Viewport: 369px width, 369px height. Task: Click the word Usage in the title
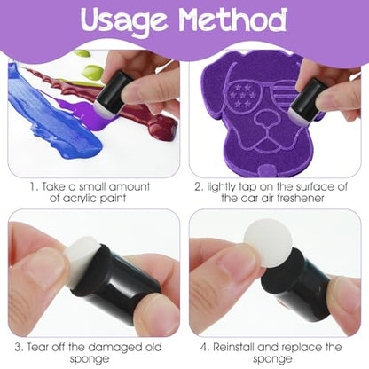click(127, 20)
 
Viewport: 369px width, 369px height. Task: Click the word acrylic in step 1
click(73, 199)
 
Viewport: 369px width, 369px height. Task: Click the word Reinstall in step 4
click(232, 347)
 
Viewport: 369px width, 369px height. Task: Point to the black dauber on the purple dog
click(308, 99)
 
